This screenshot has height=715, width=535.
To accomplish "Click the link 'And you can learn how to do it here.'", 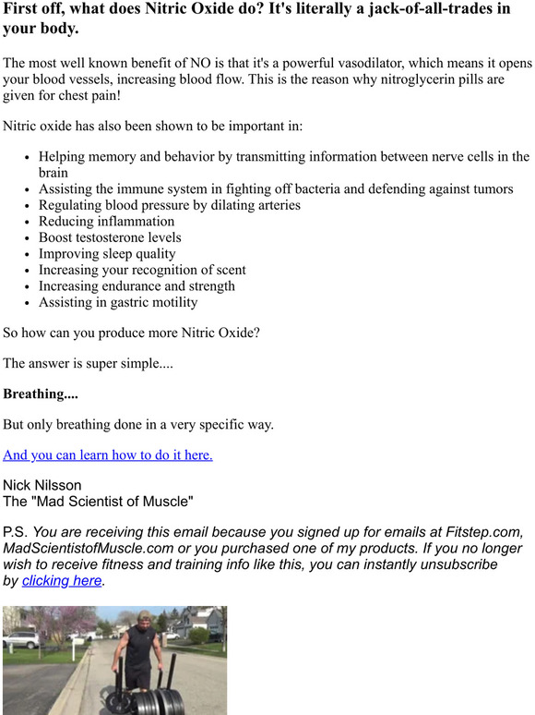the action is [x=108, y=454].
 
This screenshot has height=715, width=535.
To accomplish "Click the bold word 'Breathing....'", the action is [x=41, y=394].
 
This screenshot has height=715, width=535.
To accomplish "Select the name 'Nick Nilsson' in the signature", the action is [x=42, y=485].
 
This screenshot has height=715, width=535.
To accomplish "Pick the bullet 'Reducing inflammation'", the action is [x=106, y=221].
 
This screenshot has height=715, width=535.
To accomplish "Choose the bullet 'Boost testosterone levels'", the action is [x=110, y=237].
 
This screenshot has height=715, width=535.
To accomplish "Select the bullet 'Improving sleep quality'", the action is [x=107, y=253].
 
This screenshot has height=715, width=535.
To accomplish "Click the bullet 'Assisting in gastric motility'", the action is [x=118, y=302].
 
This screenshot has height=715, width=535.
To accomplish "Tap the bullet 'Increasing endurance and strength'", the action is [x=137, y=285].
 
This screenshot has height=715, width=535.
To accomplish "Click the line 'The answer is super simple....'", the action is [x=88, y=363].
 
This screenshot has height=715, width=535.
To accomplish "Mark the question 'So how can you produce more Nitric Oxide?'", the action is [x=131, y=332].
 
